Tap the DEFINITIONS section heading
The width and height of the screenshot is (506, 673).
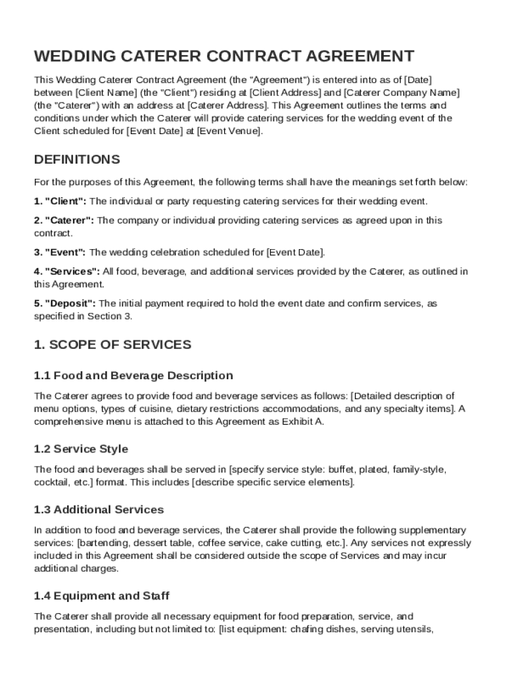pos(77,160)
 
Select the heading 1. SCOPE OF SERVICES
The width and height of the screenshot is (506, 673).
pos(112,344)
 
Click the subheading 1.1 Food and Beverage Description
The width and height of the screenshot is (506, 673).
pos(133,376)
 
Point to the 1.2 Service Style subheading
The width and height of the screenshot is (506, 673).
pos(81,450)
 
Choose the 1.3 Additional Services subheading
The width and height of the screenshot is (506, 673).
pos(99,510)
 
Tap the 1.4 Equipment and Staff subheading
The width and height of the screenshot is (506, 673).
pos(101,596)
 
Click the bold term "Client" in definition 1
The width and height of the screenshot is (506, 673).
pos(65,201)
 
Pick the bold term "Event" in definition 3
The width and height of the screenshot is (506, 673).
pos(65,252)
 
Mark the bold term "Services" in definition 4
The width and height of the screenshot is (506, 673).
pos(72,271)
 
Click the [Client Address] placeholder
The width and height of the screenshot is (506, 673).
pos(285,93)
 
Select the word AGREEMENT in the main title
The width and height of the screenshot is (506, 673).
pos(349,56)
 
